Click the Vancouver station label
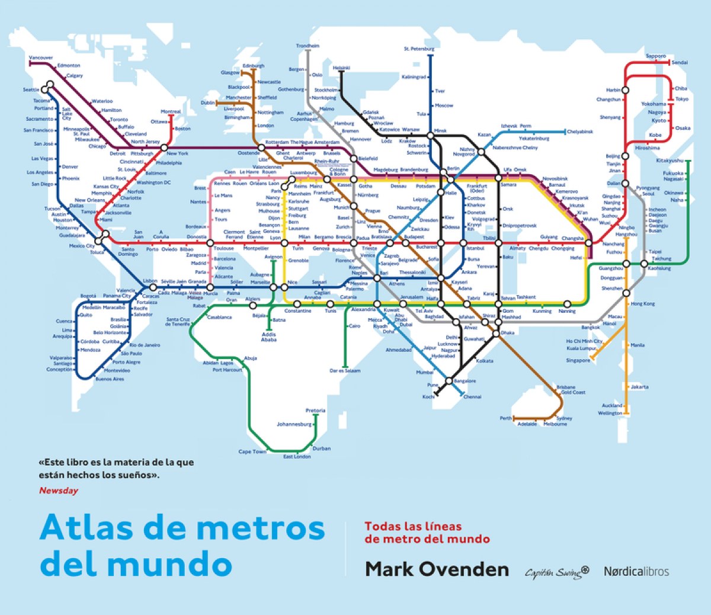pyautogui.click(x=41, y=58)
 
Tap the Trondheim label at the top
pyautogui.click(x=308, y=46)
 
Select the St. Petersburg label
pyautogui.click(x=419, y=49)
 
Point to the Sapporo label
pyautogui.click(x=655, y=56)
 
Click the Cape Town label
pyautogui.click(x=252, y=451)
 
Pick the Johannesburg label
pyautogui.click(x=294, y=424)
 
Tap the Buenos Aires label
pyautogui.click(x=110, y=379)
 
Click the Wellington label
pyautogui.click(x=610, y=413)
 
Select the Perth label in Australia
pyautogui.click(x=505, y=418)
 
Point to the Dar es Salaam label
pyautogui.click(x=344, y=371)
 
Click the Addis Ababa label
pyautogui.click(x=268, y=337)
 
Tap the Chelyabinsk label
pyautogui.click(x=579, y=132)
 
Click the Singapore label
pyautogui.click(x=578, y=360)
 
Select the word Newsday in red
pyautogui.click(x=58, y=490)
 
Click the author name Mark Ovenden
pyautogui.click(x=437, y=569)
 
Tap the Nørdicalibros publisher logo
pyautogui.click(x=636, y=571)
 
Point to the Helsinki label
pyautogui.click(x=341, y=68)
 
